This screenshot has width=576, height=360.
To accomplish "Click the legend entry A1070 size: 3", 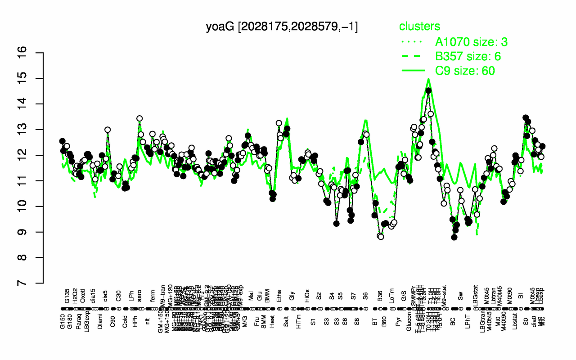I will (472, 42).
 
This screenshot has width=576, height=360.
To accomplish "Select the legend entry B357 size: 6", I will (468, 56).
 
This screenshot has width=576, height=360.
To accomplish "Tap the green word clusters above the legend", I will (419, 26).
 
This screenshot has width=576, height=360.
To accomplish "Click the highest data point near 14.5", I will (428, 90).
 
